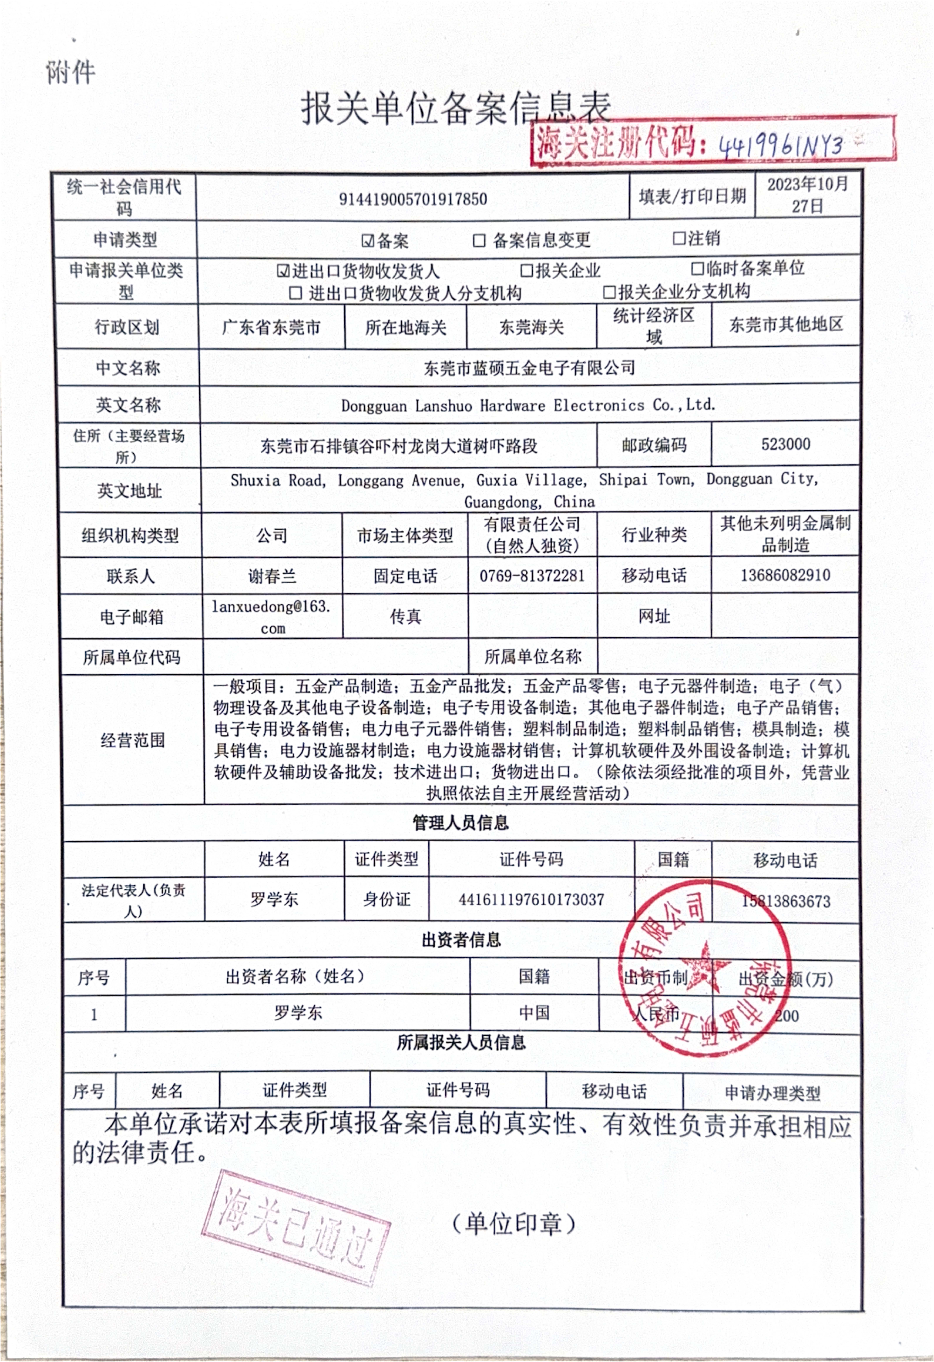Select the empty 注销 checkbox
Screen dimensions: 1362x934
tap(679, 238)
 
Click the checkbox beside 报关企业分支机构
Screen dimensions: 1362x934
tap(610, 292)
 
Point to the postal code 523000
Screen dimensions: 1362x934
tap(785, 444)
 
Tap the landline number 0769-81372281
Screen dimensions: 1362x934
tap(532, 575)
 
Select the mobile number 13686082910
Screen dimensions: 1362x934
tap(785, 575)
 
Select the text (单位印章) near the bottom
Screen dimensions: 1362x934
tap(514, 1224)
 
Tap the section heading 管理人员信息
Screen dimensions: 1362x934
tap(460, 823)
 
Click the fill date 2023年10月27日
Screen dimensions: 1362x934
tap(808, 195)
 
